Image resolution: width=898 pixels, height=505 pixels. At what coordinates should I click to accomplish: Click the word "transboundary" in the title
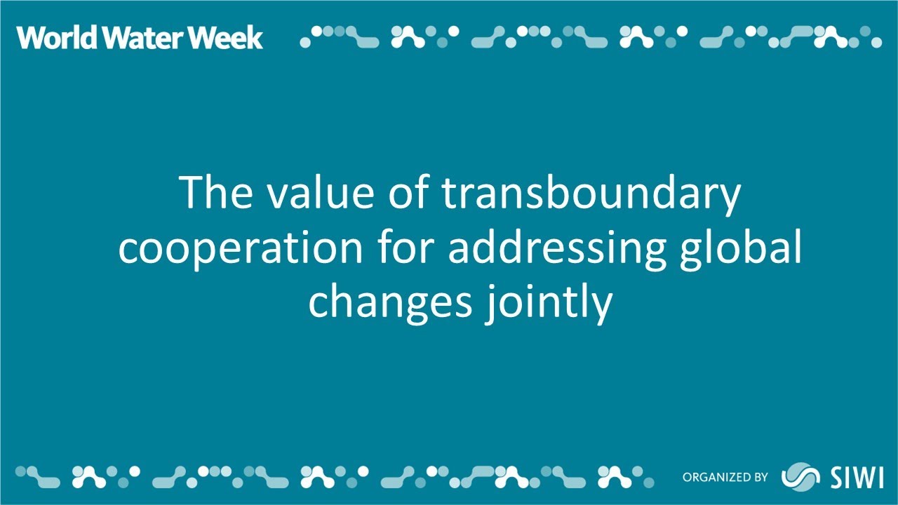[x=591, y=194]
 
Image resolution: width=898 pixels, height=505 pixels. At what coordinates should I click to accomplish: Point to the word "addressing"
[x=556, y=249]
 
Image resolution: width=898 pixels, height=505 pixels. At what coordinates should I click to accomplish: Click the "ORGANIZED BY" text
[x=725, y=478]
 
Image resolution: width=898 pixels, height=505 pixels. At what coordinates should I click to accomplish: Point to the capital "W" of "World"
[x=31, y=37]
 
